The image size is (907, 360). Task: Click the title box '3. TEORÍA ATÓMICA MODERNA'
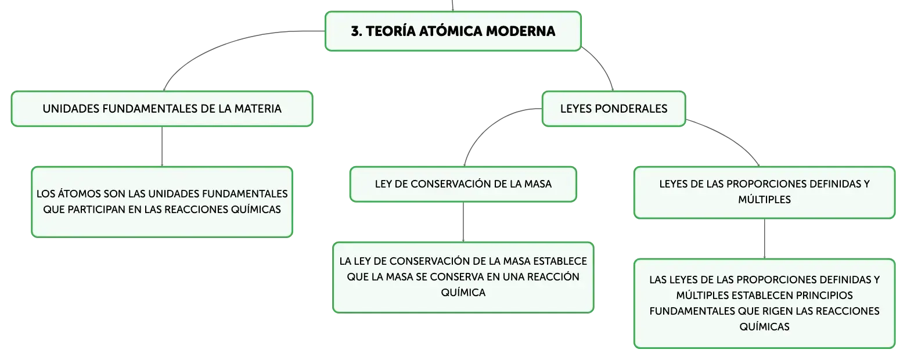pyautogui.click(x=453, y=31)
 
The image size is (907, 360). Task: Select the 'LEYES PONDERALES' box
pyautogui.click(x=614, y=109)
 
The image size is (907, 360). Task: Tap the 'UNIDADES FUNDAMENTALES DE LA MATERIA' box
pyautogui.click(x=162, y=109)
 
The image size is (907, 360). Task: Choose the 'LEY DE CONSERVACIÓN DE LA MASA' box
pyautogui.click(x=463, y=184)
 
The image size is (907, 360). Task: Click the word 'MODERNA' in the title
pyautogui.click(x=521, y=31)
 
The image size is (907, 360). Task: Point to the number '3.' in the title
pyautogui.click(x=357, y=31)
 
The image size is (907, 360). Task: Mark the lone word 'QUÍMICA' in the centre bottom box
pyautogui.click(x=463, y=293)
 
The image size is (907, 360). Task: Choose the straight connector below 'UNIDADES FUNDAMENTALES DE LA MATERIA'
pyautogui.click(x=162, y=146)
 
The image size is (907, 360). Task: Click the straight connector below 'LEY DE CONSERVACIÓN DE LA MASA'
pyautogui.click(x=463, y=222)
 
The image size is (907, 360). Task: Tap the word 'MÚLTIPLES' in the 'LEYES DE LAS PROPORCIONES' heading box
pyautogui.click(x=765, y=200)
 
